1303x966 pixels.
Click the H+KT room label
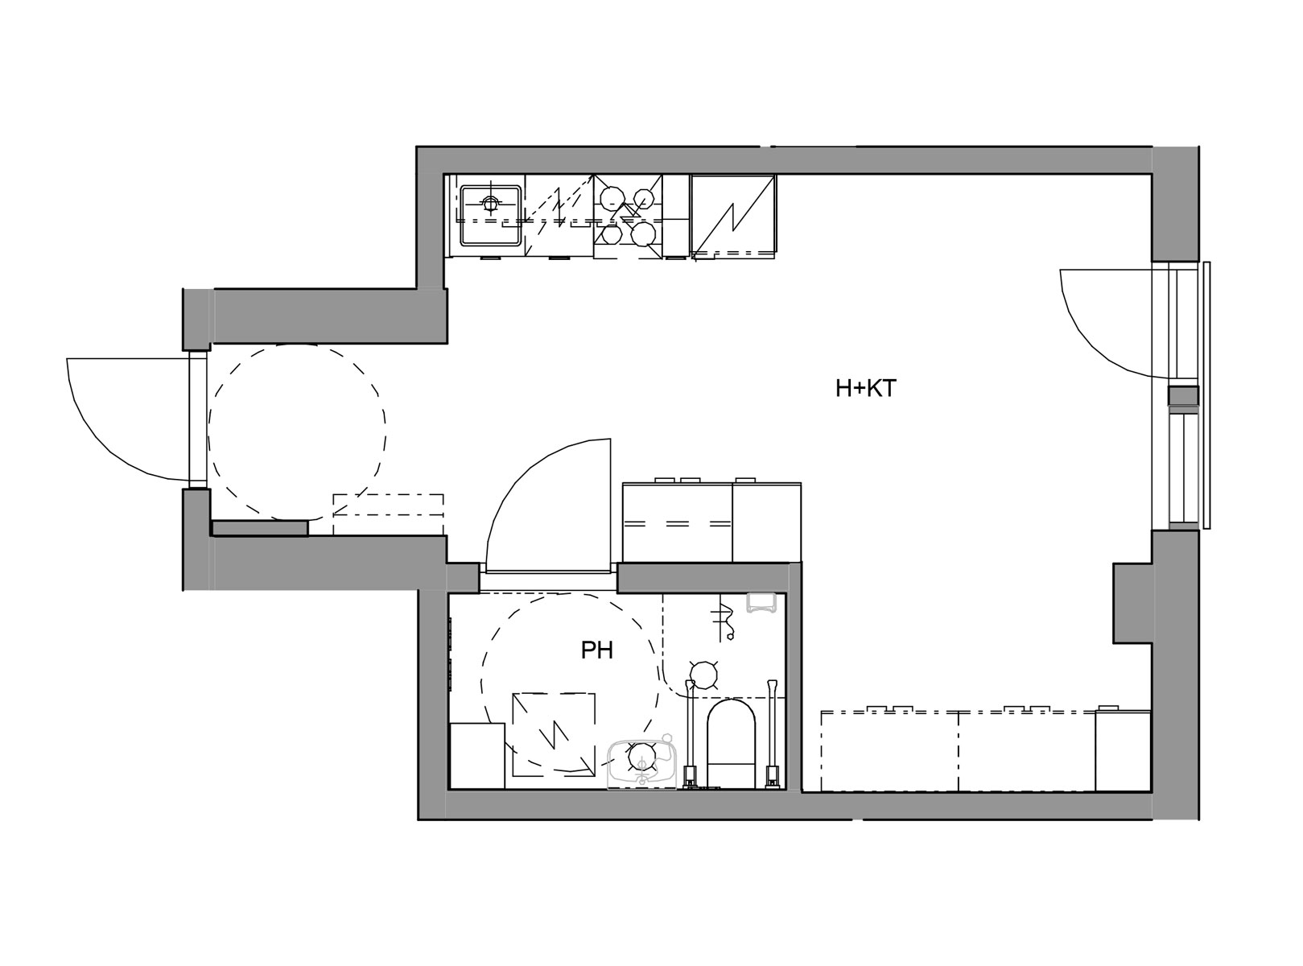866,389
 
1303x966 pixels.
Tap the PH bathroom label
597,651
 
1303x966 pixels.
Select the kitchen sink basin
491,215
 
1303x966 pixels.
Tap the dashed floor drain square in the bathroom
554,734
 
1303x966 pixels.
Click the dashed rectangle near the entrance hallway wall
388,514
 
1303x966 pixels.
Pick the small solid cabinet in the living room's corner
1123,750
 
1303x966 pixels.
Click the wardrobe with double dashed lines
678,522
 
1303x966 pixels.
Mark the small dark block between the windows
1182,395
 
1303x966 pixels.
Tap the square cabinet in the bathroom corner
477,756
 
